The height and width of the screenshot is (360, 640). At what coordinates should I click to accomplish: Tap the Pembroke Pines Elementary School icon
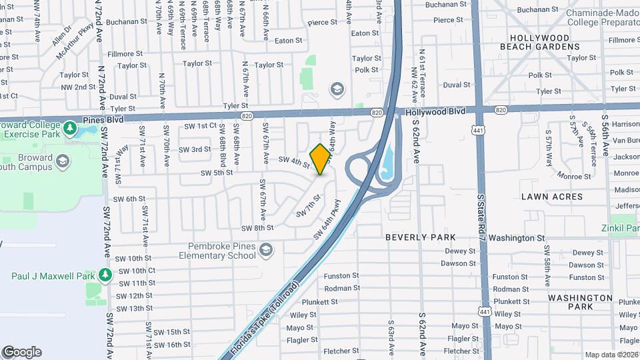click(266, 250)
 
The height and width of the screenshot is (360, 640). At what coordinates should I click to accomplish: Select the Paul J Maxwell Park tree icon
click(105, 275)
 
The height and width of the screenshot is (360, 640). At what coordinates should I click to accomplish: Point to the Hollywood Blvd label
click(435, 113)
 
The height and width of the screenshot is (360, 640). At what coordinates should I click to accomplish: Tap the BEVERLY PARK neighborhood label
click(421, 237)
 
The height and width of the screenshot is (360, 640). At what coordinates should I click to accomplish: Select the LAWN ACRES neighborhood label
click(551, 197)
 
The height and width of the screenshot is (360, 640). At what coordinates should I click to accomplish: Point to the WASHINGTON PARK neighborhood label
click(580, 302)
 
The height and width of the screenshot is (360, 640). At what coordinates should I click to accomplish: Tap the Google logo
click(22, 352)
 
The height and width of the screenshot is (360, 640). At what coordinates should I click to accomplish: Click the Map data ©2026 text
click(611, 355)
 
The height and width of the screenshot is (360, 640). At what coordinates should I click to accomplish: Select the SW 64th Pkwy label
click(327, 220)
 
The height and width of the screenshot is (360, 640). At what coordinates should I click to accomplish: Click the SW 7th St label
click(309, 205)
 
